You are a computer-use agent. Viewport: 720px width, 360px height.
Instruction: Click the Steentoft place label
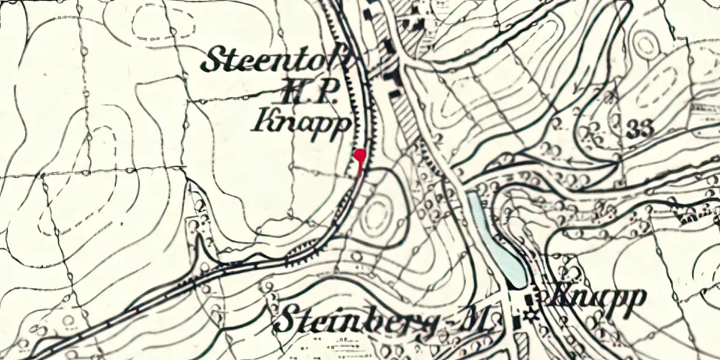click(276, 60)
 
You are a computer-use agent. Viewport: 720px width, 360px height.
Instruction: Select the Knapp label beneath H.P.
click(302, 122)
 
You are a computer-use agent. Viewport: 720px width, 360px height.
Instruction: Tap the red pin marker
click(360, 154)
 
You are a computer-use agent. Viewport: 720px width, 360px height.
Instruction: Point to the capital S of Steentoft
click(215, 60)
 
